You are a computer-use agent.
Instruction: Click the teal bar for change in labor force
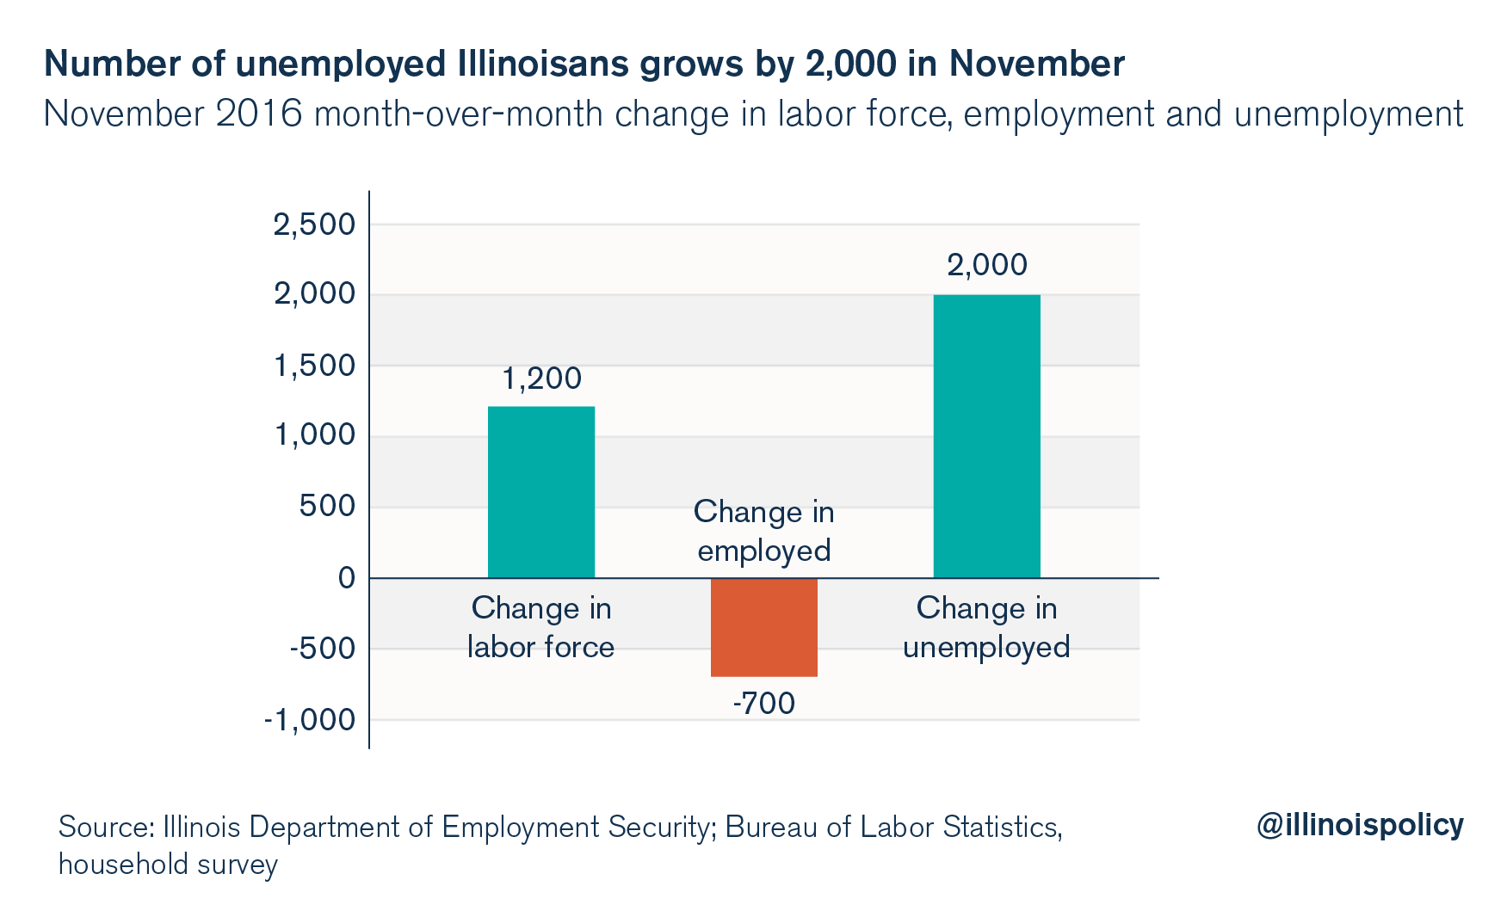pos(540,491)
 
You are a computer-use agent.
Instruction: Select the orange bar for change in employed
pos(763,627)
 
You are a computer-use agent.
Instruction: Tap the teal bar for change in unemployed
pos(986,436)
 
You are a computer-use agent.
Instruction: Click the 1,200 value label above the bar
pos(541,378)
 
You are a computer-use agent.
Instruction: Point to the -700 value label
pos(763,704)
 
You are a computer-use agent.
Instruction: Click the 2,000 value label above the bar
pos(986,265)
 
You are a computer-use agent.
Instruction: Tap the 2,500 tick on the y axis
pos(313,225)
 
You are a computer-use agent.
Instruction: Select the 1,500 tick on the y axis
pos(313,366)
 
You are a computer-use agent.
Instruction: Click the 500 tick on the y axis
pos(327,506)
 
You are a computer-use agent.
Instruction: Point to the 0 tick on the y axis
pos(346,577)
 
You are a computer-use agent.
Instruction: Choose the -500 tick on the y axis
pos(322,648)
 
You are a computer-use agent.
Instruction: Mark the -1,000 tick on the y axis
pos(309,719)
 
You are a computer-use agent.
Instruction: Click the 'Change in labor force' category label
pos(540,627)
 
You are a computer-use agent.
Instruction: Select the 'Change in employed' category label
pos(763,531)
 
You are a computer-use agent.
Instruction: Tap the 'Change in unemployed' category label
pos(986,627)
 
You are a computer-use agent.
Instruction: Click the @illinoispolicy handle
pos(1359,824)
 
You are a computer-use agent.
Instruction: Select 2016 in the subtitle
pos(259,114)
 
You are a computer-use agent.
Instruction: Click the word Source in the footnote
pos(104,827)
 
